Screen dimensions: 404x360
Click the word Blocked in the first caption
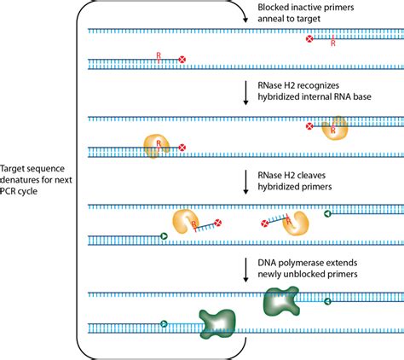[x=272, y=7]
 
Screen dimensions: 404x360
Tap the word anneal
[x=269, y=19]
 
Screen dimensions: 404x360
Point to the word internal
[x=319, y=96]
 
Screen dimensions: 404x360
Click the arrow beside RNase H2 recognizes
[x=245, y=93]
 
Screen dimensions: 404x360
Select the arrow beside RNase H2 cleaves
[x=245, y=182]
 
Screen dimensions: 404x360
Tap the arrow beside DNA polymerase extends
[x=245, y=270]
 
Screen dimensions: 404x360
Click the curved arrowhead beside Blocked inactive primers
[x=245, y=20]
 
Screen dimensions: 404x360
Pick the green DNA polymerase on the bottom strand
[x=217, y=324]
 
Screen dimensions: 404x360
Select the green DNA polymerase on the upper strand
[x=281, y=301]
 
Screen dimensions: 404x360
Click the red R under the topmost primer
[x=333, y=44]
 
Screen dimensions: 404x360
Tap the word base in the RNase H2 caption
[x=362, y=96]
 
